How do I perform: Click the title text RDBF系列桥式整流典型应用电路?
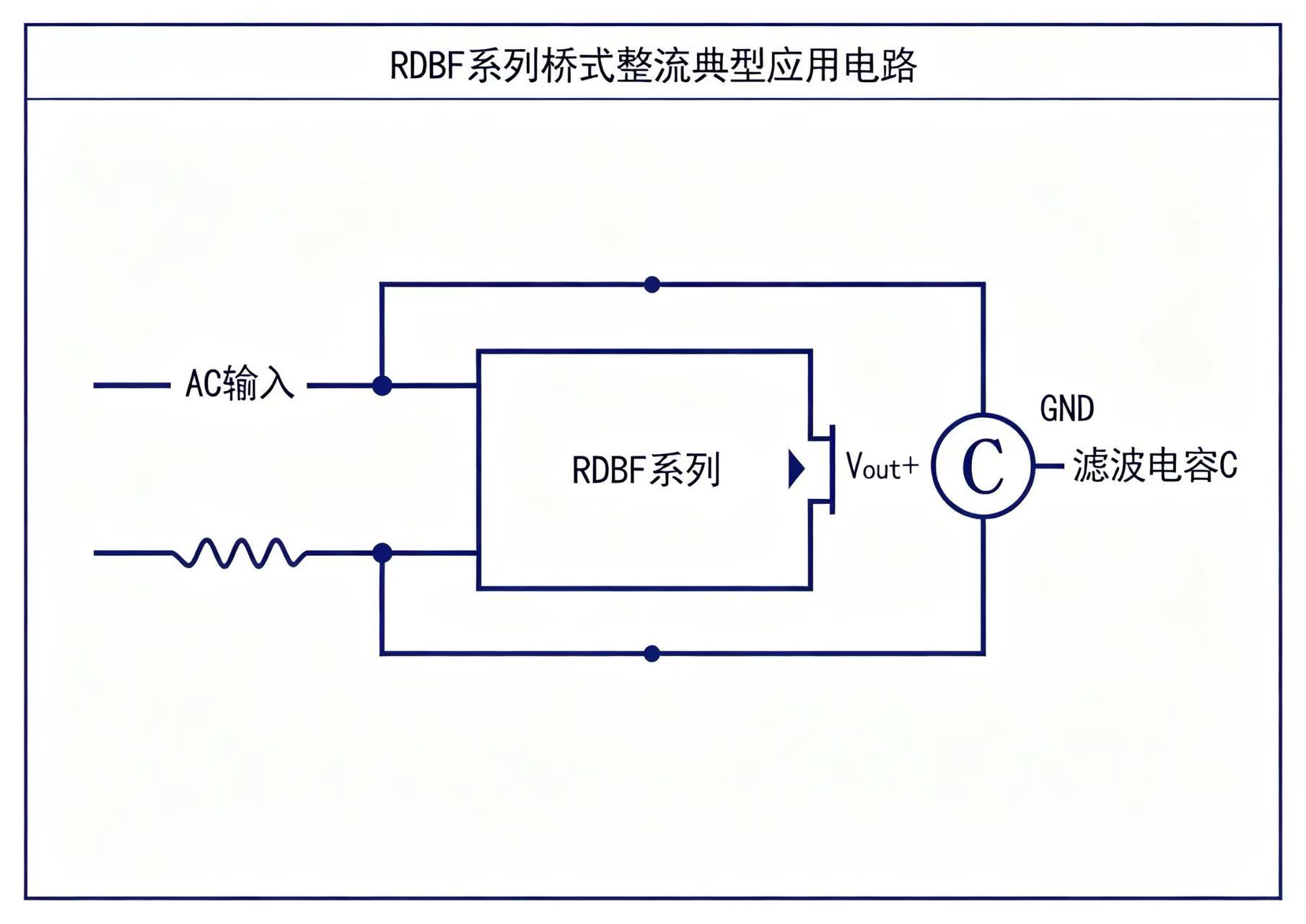(653, 66)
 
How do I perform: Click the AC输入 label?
(240, 383)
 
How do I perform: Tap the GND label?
(1066, 409)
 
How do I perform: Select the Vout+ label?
(882, 466)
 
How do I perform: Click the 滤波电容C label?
(1154, 465)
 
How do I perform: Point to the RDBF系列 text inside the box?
(646, 470)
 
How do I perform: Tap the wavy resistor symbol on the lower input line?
(240, 553)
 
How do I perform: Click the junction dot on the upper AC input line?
(382, 385)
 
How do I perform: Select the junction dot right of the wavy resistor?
(382, 553)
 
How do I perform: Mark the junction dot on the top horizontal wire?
(652, 284)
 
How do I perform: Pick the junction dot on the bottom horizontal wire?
(652, 653)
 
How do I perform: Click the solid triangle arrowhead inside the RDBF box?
(796, 469)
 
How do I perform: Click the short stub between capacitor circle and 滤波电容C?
(1049, 466)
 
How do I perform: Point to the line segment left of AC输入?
(132, 385)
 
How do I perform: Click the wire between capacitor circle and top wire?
(983, 349)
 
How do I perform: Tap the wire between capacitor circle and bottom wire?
(983, 585)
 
